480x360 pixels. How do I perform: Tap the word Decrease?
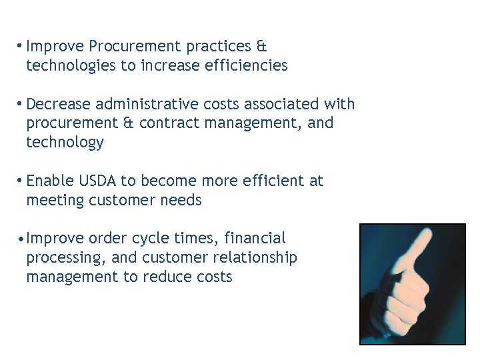59,105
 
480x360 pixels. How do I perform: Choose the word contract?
168,123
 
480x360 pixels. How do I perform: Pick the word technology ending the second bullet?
65,143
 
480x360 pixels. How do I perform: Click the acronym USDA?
97,181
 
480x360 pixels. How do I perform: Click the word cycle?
151,239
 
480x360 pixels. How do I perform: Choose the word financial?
255,238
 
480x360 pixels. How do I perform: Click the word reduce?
166,277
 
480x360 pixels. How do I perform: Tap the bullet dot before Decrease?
21,104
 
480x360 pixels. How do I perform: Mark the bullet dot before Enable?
21,181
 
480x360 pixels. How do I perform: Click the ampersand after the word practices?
261,47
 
